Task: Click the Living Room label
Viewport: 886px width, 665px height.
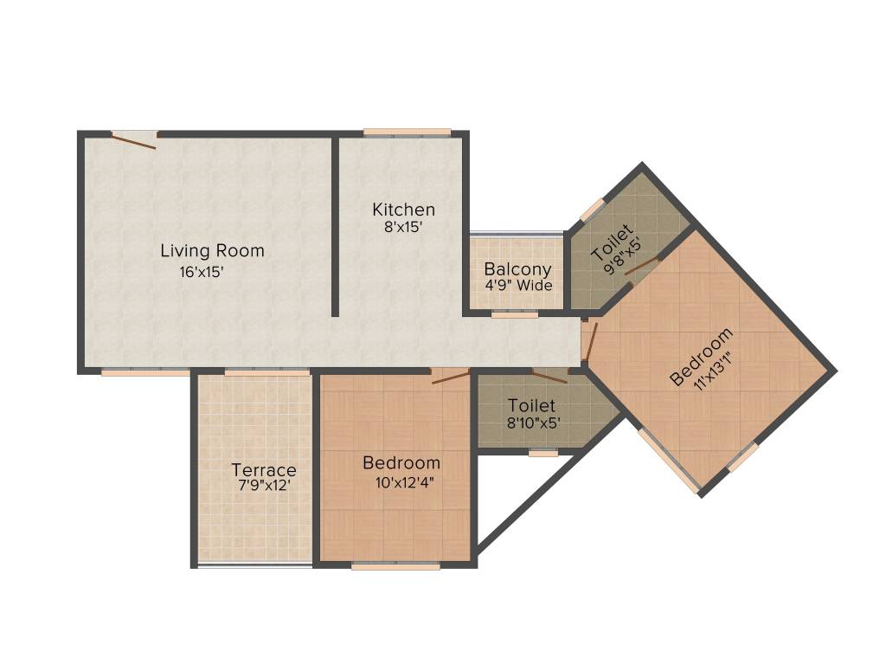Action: [212, 251]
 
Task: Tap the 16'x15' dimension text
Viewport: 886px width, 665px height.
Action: [202, 272]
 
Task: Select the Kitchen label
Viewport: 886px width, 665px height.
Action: [403, 210]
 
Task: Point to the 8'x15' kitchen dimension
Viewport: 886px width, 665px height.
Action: [402, 228]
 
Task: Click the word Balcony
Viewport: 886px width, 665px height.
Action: [517, 268]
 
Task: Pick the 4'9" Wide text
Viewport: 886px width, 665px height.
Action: [517, 286]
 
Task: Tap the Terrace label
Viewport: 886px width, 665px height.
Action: [263, 470]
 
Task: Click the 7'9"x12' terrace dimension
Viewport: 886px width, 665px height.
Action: [263, 486]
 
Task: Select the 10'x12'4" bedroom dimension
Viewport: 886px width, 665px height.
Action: [401, 482]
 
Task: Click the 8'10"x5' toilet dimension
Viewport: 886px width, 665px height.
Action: [531, 424]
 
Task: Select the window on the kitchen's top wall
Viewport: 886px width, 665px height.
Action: [407, 132]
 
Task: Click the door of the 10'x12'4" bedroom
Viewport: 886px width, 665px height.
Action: [450, 375]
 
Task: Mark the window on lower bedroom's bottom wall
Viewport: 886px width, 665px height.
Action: [395, 566]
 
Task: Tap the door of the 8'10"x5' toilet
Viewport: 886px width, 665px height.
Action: [549, 375]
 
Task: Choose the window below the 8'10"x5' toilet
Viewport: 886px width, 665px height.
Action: [543, 453]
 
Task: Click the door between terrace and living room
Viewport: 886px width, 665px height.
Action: [266, 372]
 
